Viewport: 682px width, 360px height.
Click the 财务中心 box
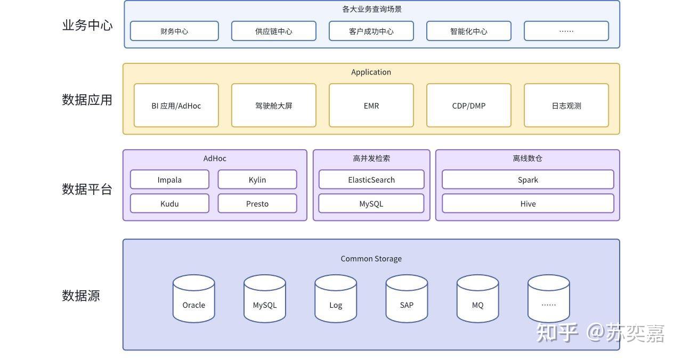point(174,31)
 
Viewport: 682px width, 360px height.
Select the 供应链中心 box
point(274,31)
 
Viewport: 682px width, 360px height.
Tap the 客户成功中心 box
point(371,31)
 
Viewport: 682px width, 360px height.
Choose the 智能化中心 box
point(468,31)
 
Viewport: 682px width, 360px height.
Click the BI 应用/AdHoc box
point(176,105)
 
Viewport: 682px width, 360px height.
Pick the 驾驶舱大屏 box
point(274,105)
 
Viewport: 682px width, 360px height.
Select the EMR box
point(371,105)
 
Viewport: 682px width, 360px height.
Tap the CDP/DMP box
point(468,105)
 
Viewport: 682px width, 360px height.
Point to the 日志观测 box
point(566,105)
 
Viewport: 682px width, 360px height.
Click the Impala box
point(169,179)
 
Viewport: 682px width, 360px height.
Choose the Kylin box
point(257,179)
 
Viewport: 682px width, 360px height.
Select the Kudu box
point(169,203)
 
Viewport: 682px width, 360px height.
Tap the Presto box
point(257,203)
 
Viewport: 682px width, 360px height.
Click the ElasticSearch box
point(371,179)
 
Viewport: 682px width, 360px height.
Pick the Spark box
point(528,179)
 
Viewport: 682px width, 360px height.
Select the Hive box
point(528,203)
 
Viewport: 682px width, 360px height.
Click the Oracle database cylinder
point(193,299)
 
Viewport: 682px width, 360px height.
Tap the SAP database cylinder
point(407,299)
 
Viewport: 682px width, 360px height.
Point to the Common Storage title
point(371,259)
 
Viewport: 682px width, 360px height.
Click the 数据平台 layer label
point(87,189)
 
